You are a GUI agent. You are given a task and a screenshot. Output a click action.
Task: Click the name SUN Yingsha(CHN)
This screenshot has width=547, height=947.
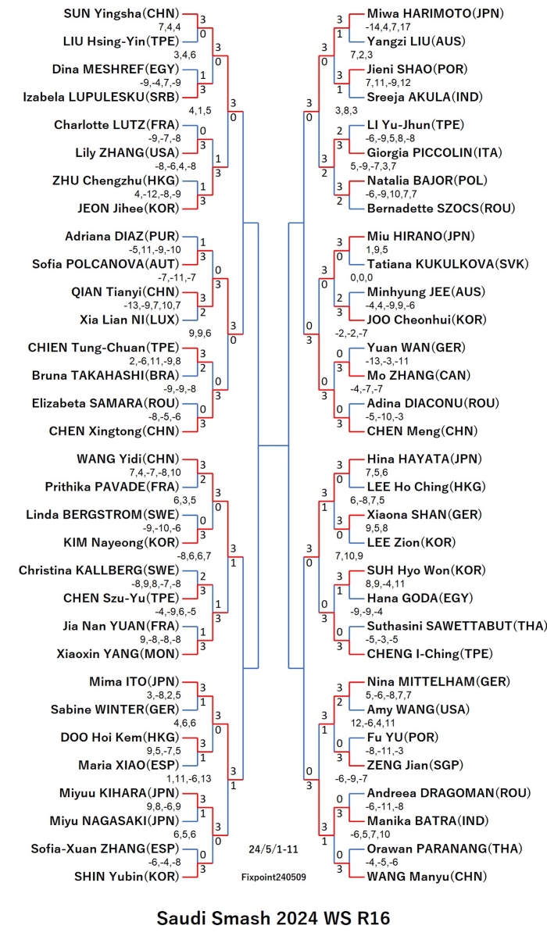pos(121,13)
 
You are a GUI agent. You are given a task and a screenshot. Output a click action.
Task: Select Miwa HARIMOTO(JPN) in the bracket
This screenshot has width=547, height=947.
pos(435,13)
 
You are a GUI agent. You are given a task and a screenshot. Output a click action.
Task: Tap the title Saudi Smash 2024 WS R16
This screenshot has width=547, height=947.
pos(273,918)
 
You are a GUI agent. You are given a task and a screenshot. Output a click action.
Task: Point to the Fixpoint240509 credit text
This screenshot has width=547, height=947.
pos(273,877)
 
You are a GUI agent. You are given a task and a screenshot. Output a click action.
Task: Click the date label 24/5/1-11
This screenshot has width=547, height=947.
pos(273,849)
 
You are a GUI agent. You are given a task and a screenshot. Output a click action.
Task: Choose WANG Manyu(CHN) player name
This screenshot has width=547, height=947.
pos(427,877)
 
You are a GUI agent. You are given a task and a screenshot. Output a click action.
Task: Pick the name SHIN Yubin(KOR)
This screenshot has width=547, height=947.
pos(127,877)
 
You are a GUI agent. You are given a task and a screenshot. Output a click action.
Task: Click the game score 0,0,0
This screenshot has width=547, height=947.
pos(362,277)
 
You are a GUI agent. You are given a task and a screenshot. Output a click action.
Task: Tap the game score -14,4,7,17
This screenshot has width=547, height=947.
pos(388,27)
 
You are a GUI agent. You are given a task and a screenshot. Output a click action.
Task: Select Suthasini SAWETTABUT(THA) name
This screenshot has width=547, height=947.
pos(456,626)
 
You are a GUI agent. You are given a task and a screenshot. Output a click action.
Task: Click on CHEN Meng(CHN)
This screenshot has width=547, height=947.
pos(422,431)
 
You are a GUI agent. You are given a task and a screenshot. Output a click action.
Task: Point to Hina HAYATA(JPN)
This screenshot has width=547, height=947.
pos(424,459)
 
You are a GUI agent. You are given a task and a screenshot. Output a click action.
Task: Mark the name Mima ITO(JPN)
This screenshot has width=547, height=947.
pos(134,681)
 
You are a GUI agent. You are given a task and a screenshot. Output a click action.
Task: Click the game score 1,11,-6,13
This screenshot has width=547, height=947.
pos(188,779)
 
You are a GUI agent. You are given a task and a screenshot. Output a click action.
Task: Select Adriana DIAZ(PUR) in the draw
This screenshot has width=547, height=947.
pos(122,236)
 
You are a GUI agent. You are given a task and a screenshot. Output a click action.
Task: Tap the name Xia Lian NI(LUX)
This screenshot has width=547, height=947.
pos(130,320)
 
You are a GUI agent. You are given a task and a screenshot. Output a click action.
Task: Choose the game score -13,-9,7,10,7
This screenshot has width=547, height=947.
pos(152,306)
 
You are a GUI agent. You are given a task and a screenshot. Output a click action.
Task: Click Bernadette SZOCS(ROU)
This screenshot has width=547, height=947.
pos(441,209)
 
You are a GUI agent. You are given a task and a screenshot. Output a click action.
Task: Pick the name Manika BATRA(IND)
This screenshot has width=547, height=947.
pos(427,820)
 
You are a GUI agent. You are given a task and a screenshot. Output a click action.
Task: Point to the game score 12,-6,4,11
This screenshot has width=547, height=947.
pos(373,723)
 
